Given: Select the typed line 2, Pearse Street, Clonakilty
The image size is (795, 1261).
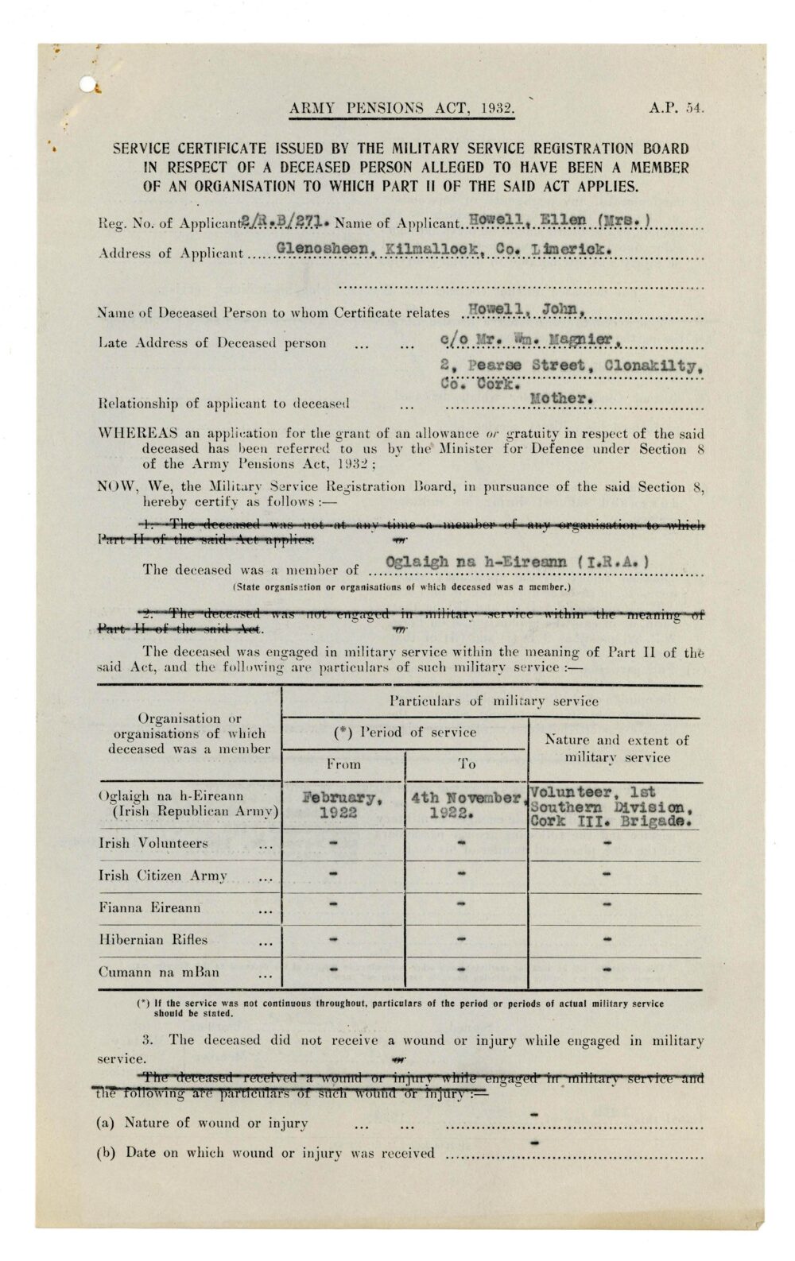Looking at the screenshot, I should [x=572, y=366].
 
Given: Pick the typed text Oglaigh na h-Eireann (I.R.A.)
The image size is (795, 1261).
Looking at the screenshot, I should [x=517, y=563].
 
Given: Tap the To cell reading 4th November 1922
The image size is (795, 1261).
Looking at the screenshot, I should [x=466, y=805].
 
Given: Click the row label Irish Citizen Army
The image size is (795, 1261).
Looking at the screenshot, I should [x=164, y=876].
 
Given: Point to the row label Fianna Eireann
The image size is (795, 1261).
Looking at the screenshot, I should [x=150, y=907].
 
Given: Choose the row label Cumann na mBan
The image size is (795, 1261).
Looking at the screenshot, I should [x=159, y=972].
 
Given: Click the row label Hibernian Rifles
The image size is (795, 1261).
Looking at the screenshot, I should [x=153, y=939].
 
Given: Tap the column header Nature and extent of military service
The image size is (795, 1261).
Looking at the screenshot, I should [x=616, y=748].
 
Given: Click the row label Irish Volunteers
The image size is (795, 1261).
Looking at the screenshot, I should [x=153, y=843].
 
